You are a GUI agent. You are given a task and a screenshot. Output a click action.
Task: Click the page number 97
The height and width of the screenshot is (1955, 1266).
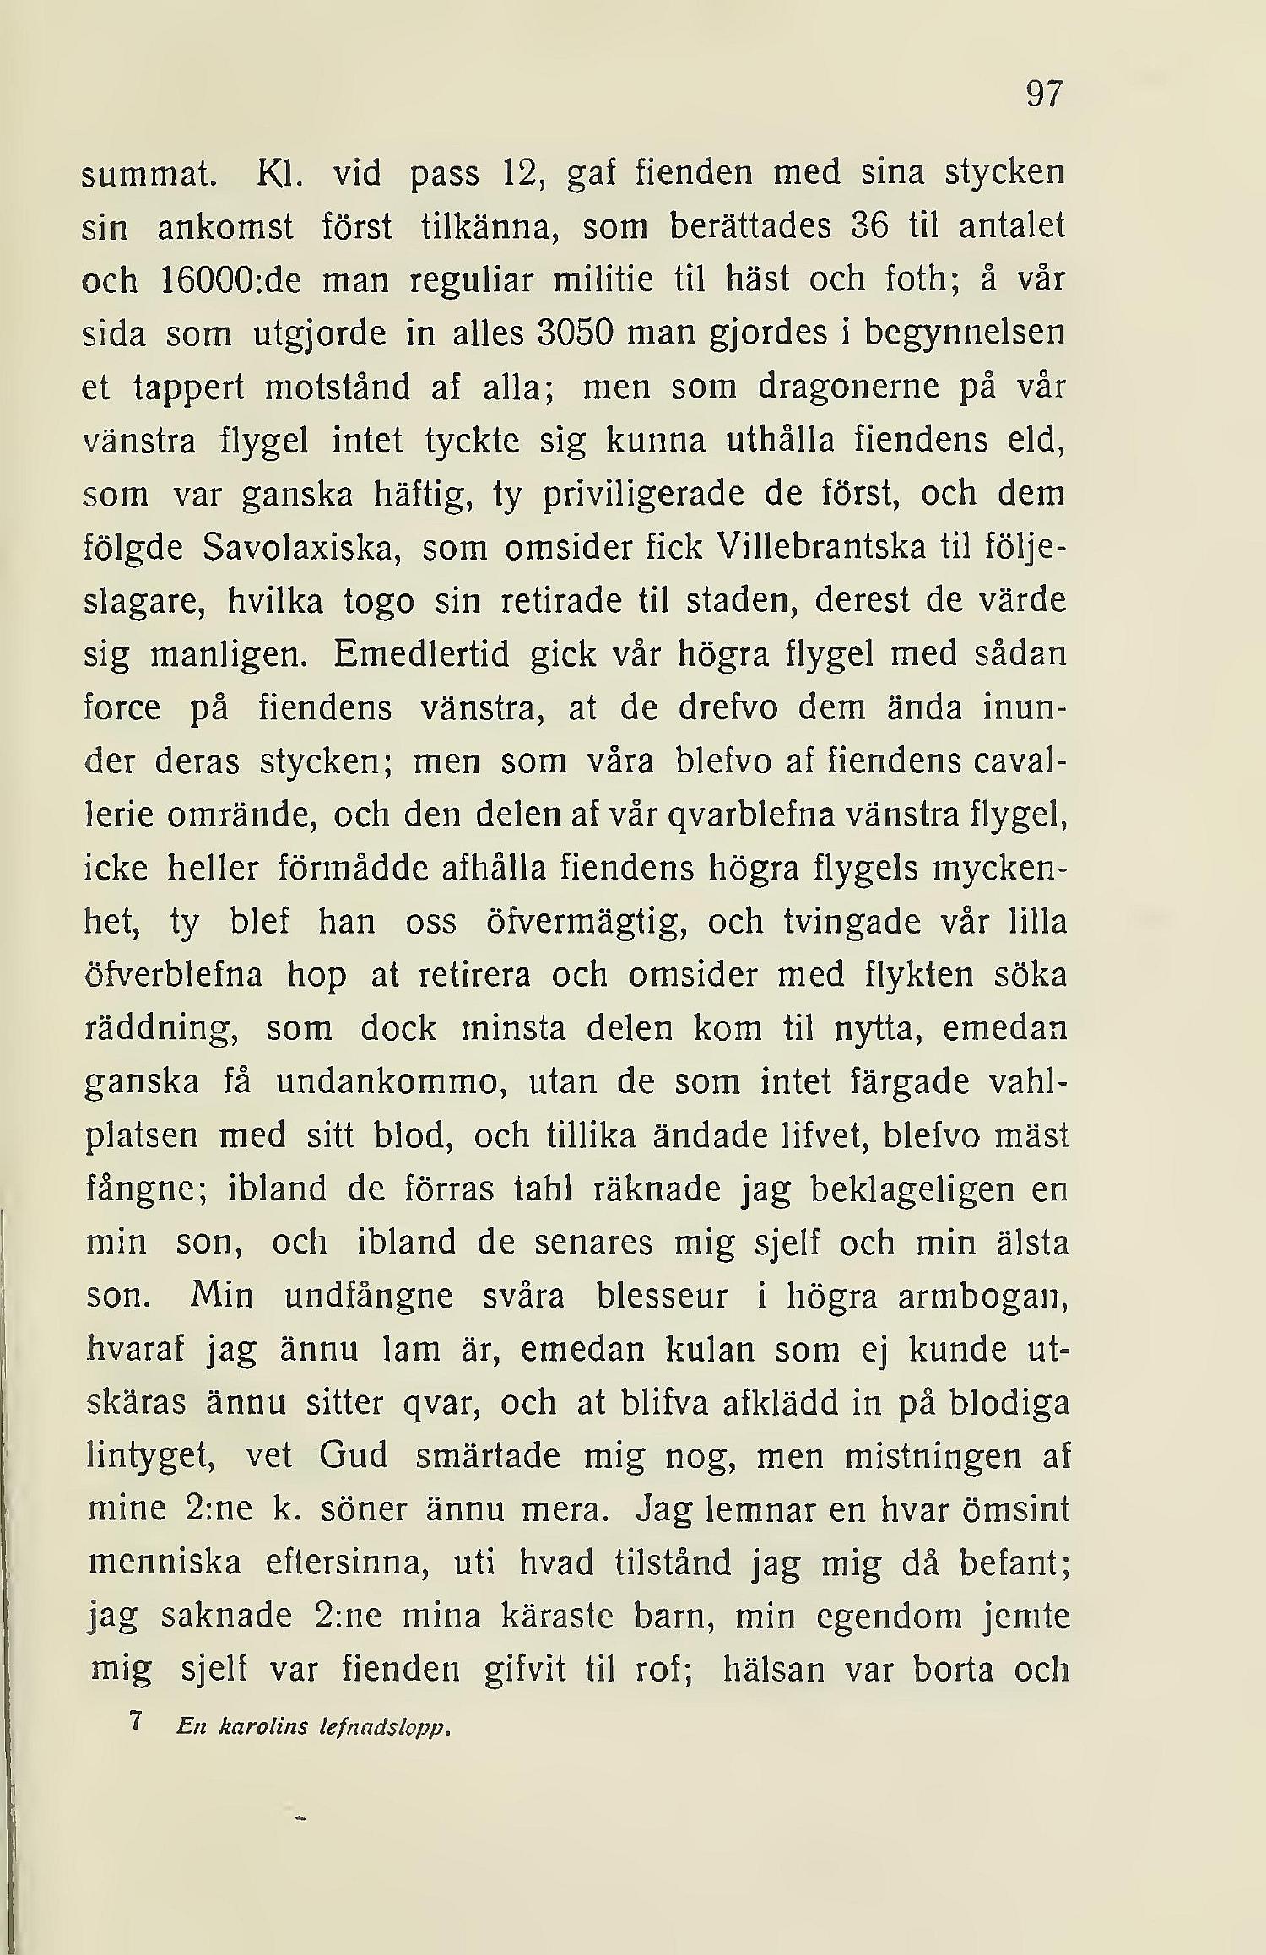[x=1044, y=95]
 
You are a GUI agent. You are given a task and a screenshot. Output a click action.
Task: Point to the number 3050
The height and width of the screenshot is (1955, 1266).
[x=574, y=333]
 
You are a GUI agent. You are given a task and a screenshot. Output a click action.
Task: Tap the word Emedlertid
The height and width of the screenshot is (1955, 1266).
[x=421, y=655]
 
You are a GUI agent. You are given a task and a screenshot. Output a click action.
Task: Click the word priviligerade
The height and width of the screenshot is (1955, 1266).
[x=643, y=495]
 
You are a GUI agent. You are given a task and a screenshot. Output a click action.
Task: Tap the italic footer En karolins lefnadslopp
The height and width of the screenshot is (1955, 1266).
[x=315, y=1727]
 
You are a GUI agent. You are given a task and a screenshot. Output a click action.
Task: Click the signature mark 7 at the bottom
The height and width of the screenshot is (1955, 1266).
[x=134, y=1723]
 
